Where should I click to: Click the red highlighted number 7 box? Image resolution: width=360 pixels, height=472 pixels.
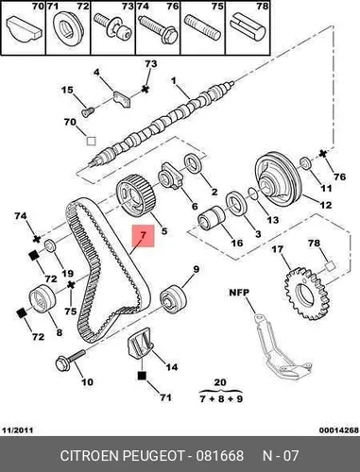[x=144, y=236]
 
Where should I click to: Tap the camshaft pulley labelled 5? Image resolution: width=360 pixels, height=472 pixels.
[x=134, y=195]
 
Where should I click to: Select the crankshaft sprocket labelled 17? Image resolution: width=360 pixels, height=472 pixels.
[x=307, y=293]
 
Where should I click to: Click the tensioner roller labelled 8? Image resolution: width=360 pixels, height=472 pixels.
[x=43, y=298]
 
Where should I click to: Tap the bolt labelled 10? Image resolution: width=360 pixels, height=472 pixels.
[x=70, y=360]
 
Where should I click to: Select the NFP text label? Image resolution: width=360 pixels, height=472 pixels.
[x=239, y=293]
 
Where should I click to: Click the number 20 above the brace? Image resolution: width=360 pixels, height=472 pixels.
[x=220, y=382]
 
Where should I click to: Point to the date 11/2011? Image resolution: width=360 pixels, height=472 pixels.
[x=17, y=430]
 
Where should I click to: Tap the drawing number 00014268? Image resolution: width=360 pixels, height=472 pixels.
[x=339, y=430]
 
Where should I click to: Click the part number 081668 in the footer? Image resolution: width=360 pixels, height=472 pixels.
[x=220, y=455]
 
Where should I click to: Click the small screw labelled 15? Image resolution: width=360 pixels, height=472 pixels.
[x=88, y=111]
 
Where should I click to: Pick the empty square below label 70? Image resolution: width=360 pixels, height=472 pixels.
[x=91, y=141]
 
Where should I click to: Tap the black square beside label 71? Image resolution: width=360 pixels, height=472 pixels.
[x=142, y=376]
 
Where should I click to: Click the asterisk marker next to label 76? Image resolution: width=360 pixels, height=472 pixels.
[x=322, y=154]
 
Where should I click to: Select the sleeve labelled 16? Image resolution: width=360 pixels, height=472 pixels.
[x=211, y=218]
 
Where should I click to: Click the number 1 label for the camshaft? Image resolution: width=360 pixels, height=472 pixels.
[x=174, y=81]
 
